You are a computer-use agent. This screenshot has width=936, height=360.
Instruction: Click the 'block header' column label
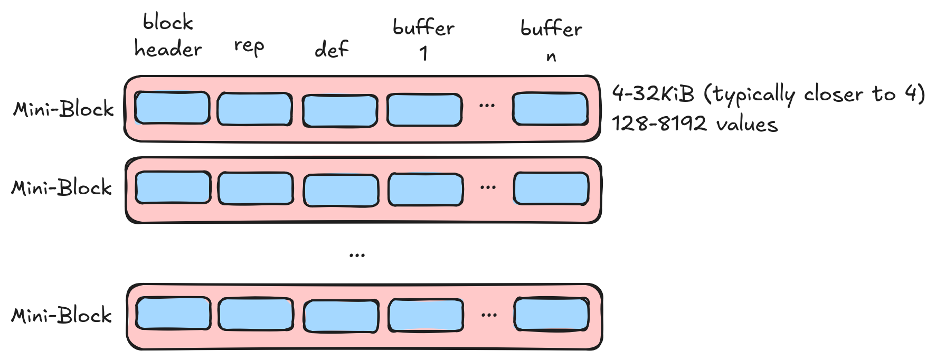pyautogui.click(x=168, y=36)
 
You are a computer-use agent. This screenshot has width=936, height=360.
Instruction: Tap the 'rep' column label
pyautogui.click(x=249, y=46)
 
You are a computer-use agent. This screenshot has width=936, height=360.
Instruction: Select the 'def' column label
pyautogui.click(x=332, y=49)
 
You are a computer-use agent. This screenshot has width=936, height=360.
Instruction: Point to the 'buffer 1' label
pyautogui.click(x=423, y=40)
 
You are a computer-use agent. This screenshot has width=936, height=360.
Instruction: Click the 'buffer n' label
pyautogui.click(x=551, y=41)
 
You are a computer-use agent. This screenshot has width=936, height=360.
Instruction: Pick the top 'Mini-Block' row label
pyautogui.click(x=63, y=109)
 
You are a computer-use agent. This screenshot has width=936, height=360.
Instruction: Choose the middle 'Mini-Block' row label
pyautogui.click(x=62, y=188)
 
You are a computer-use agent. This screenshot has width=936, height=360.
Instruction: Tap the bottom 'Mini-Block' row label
pyautogui.click(x=62, y=316)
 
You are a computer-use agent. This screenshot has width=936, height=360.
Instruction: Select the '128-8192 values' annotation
pyautogui.click(x=695, y=124)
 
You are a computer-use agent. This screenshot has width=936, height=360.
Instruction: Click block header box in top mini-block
pyautogui.click(x=172, y=108)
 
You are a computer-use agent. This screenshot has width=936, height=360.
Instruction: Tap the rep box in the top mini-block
pyautogui.click(x=254, y=109)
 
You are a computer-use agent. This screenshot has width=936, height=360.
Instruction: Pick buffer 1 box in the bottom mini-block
pyautogui.click(x=426, y=315)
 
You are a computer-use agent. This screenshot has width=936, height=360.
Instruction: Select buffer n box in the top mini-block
pyautogui.click(x=550, y=109)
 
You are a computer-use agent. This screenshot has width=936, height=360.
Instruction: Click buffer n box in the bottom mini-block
pyautogui.click(x=552, y=314)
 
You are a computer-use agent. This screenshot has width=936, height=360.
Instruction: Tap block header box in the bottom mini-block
pyautogui.click(x=173, y=313)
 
